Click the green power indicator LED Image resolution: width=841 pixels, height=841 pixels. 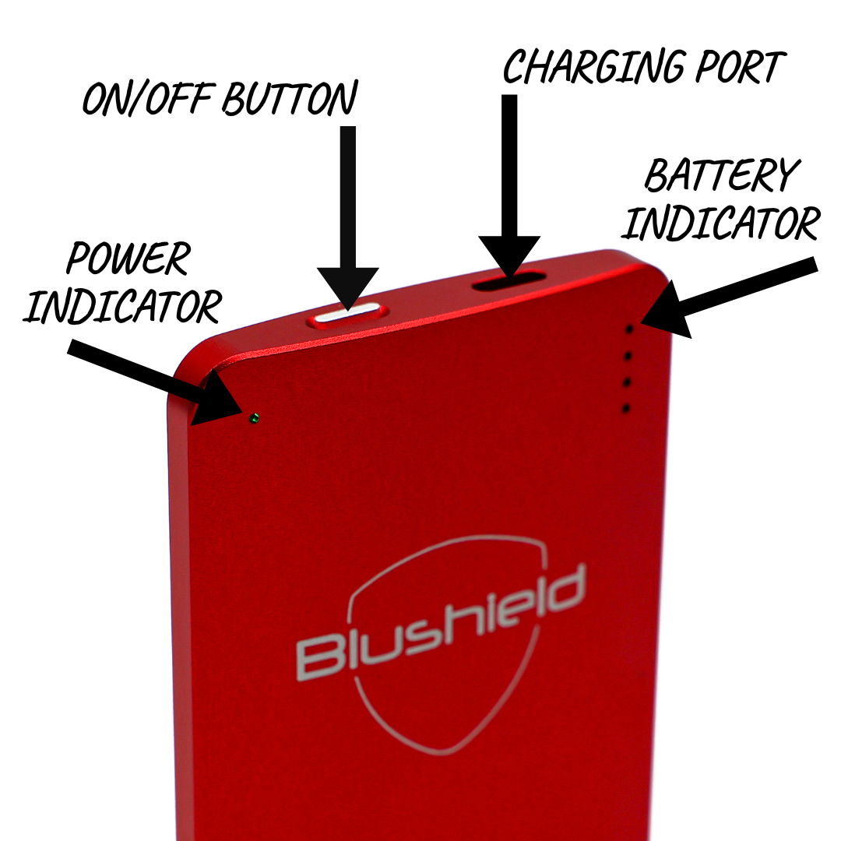coord(254,419)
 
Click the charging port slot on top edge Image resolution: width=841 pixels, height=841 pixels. coord(509,281)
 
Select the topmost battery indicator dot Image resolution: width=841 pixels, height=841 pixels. coord(630,330)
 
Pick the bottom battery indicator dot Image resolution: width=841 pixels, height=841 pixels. coord(625,409)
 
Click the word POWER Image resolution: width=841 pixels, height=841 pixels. coord(128,259)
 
